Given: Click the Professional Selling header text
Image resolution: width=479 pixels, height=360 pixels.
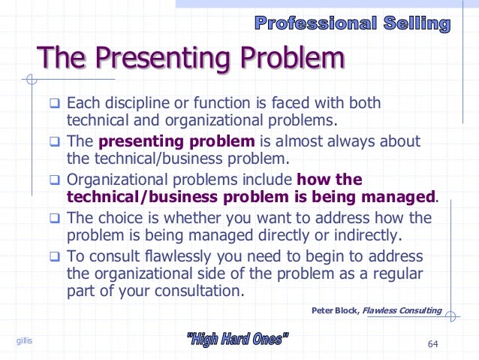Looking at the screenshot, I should pos(352,23).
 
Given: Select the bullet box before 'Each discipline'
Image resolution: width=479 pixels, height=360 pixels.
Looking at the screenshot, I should pos(56,103).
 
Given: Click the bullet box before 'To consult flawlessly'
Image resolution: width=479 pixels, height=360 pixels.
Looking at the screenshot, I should pos(56,256).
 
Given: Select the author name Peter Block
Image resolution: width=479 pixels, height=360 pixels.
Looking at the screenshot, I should pos(333,310).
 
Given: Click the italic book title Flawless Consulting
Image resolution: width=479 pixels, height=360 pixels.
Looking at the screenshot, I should pos(402,310).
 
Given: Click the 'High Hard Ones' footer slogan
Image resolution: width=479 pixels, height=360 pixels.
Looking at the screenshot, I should pos(236,340).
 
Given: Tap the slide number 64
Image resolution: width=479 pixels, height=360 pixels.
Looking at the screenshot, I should pos(432,344).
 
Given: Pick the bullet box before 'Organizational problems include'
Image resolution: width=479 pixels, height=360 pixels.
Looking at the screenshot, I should pos(56,180).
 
